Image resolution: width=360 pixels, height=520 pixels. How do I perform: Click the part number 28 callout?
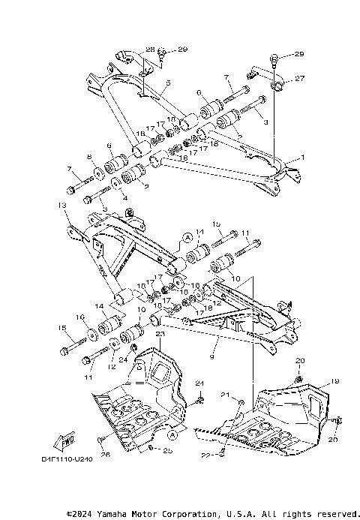pyautogui.click(x=150, y=50)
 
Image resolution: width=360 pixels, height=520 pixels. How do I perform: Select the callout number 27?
pyautogui.click(x=299, y=78)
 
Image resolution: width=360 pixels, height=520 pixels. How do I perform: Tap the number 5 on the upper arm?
pyautogui.click(x=168, y=83)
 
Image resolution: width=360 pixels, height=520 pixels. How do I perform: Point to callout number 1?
pyautogui.click(x=304, y=158)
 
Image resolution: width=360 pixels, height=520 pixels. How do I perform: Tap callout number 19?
pyautogui.click(x=335, y=380)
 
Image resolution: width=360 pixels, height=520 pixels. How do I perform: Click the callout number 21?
pyautogui.click(x=225, y=395)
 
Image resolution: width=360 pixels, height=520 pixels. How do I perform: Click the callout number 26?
pyautogui.click(x=105, y=454)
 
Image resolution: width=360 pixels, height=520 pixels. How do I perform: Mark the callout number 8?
pyautogui.click(x=89, y=158)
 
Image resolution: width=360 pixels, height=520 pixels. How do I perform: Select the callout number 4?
pyautogui.click(x=113, y=198)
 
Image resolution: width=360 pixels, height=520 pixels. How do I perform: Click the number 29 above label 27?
pyautogui.click(x=299, y=55)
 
